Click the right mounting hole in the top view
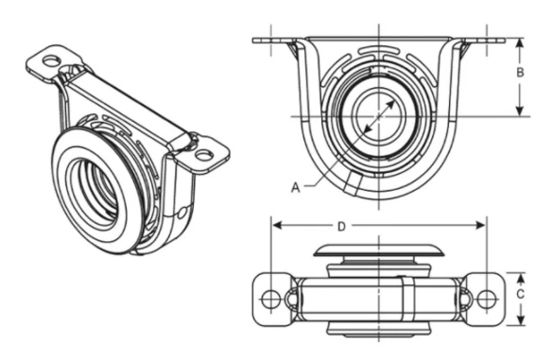[x=486, y=299]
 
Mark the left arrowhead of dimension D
[x=277, y=226]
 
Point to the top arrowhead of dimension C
[x=519, y=276]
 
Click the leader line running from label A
[x=321, y=170]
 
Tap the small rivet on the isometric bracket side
[x=181, y=214]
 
